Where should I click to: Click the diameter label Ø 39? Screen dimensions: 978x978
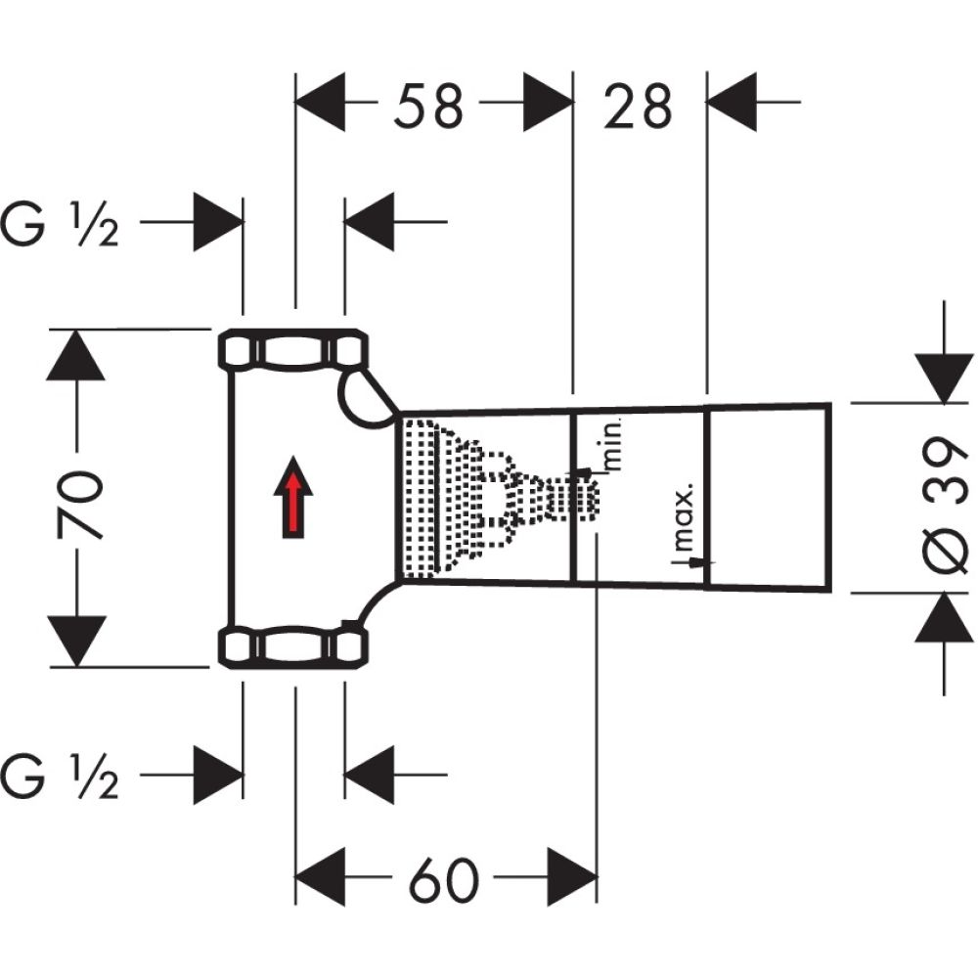coord(942,499)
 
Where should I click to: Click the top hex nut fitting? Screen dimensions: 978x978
coord(292,350)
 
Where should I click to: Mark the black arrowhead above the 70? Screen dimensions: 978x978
coord(77,357)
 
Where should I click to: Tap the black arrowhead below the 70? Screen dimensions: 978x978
coord(77,641)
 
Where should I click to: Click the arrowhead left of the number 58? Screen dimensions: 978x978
coord(322,102)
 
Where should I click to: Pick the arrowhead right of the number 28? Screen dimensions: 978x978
coord(733,102)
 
